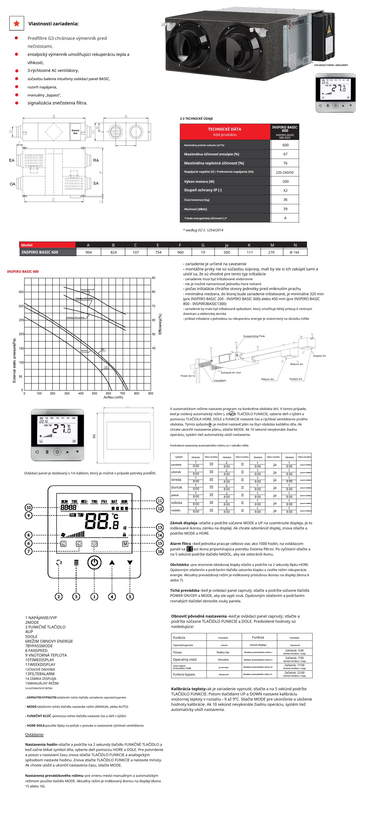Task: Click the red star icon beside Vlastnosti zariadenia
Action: pyautogui.click(x=17, y=23)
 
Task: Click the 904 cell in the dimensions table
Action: pyautogui.click(x=88, y=252)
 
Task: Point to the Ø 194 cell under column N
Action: pyautogui.click(x=294, y=252)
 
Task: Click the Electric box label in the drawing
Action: pyautogui.click(x=75, y=131)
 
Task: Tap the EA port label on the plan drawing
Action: pyautogui.click(x=12, y=160)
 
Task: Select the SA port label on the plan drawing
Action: pyautogui.click(x=96, y=183)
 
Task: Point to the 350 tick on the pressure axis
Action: pyautogui.click(x=21, y=292)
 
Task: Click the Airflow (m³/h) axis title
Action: pyautogui.click(x=113, y=397)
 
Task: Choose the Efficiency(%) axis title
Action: pyautogui.click(x=160, y=324)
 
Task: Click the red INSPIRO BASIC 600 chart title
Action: pyautogui.click(x=23, y=271)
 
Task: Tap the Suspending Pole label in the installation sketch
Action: pyautogui.click(x=254, y=336)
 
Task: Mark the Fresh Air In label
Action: pyautogui.click(x=188, y=376)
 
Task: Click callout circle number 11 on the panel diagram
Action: pyautogui.click(x=160, y=500)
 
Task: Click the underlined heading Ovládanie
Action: pyautogui.click(x=34, y=734)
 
